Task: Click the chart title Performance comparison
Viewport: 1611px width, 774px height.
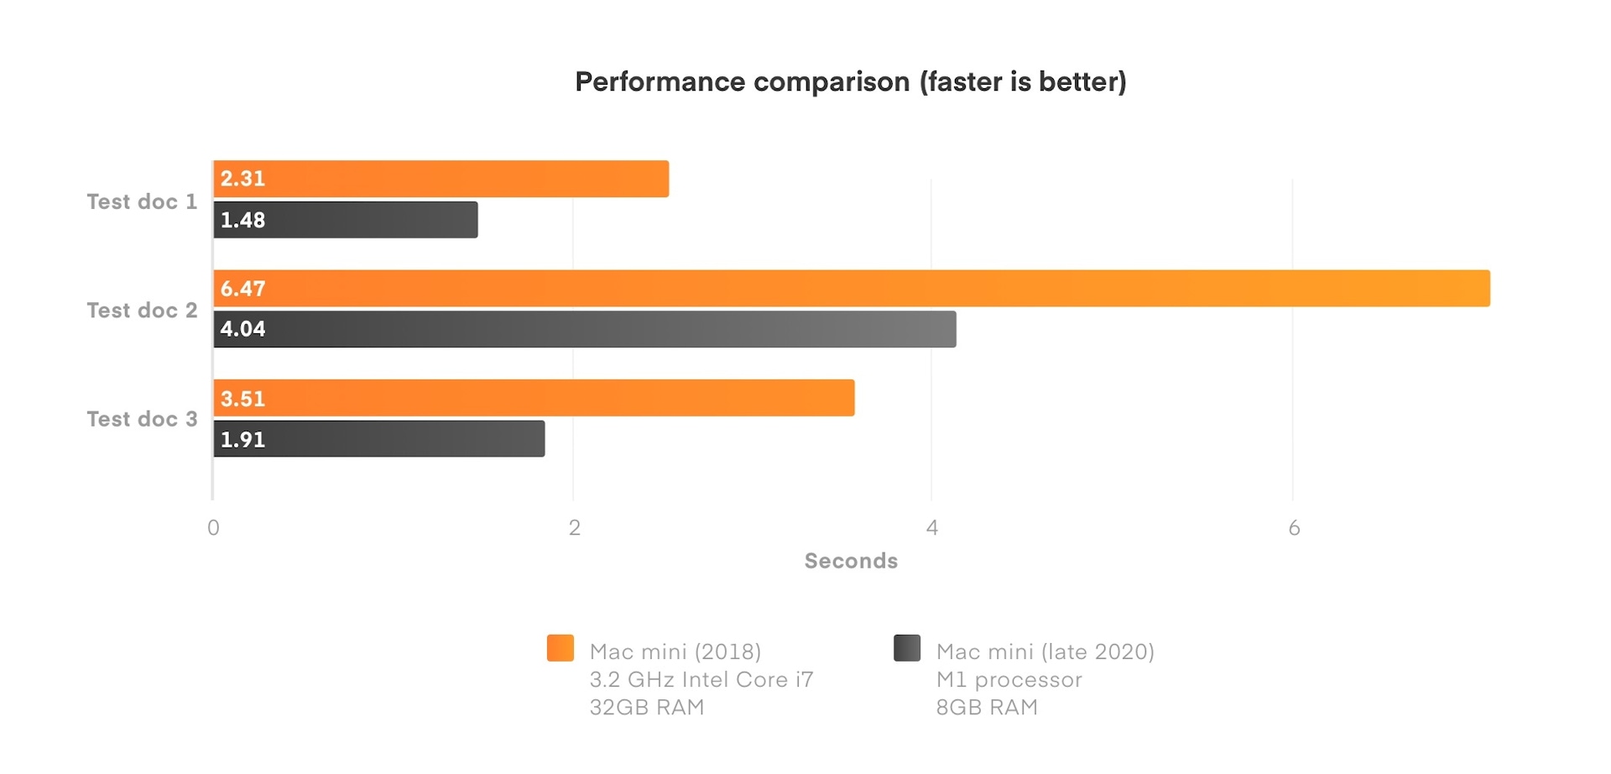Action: pos(850,81)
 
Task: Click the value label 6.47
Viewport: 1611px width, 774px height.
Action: pos(242,289)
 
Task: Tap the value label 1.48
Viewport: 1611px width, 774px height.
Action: pos(242,220)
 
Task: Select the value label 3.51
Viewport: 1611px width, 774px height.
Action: pos(242,398)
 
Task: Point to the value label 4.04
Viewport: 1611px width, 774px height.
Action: pos(242,329)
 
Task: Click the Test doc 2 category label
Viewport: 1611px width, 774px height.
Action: pos(142,311)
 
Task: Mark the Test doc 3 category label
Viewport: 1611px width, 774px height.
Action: pos(142,419)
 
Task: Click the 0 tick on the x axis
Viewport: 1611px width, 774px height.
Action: pos(213,528)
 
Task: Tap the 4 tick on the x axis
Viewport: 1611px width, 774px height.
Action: pos(931,528)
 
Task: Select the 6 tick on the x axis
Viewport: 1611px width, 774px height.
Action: pos(1294,528)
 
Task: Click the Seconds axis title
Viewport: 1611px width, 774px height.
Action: pos(851,561)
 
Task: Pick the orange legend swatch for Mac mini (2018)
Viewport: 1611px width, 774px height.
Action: pos(560,648)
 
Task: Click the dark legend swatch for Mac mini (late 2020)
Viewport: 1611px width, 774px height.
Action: pos(907,648)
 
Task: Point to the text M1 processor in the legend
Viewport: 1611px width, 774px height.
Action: pos(1009,679)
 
